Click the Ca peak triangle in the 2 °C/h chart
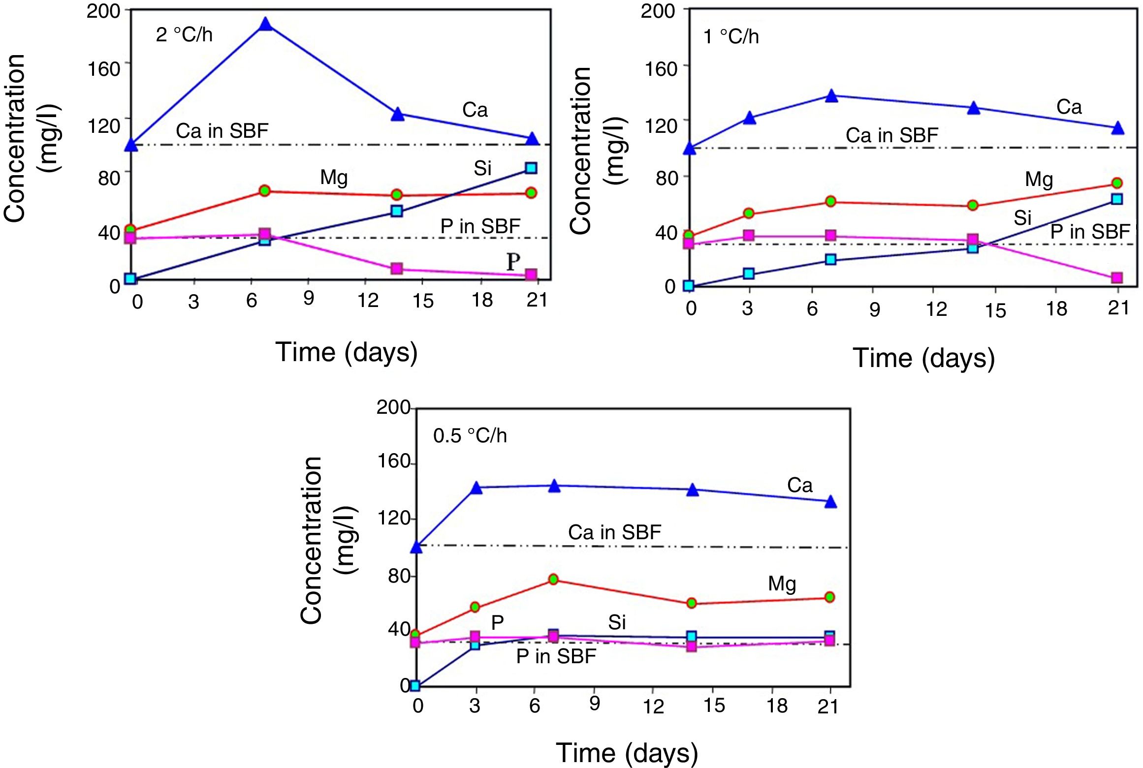265,24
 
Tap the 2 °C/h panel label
184,35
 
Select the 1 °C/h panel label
731,37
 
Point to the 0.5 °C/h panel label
470,436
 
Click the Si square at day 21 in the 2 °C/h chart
531,168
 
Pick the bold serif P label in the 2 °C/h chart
513,262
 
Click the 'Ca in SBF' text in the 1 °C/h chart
891,135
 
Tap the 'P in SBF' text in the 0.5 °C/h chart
556,656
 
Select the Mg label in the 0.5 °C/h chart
782,584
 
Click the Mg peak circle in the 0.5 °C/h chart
553,580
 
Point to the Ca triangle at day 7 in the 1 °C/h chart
831,96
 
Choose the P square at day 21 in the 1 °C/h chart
1117,278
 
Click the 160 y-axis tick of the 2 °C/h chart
104,69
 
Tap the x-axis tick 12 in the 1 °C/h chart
936,309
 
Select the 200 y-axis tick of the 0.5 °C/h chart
393,407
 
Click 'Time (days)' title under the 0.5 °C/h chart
627,753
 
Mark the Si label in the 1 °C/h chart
1022,217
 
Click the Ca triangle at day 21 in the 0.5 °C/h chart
830,502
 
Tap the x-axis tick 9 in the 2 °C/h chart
309,298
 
